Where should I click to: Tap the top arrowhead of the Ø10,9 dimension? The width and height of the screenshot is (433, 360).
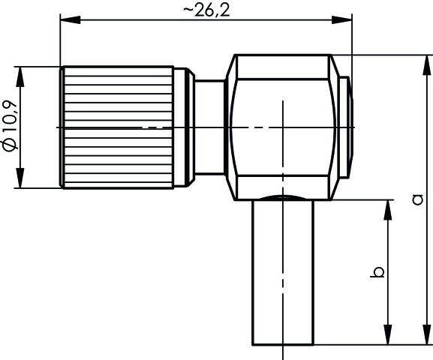[x=23, y=73]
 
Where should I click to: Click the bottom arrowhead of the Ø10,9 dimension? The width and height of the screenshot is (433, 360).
[x=23, y=181]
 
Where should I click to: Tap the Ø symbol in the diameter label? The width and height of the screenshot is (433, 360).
[x=10, y=146]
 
